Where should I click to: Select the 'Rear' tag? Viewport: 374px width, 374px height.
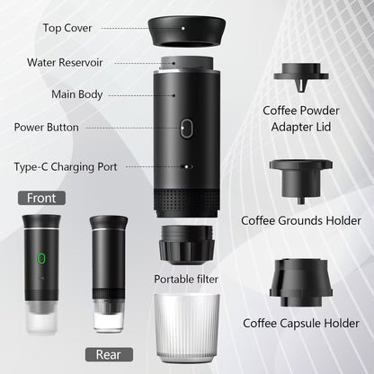pos(108,353)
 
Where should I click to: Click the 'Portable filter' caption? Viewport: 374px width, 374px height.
pos(186,279)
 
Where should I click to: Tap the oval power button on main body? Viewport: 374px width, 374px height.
pos(186,129)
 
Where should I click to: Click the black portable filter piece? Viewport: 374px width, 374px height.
pos(186,244)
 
